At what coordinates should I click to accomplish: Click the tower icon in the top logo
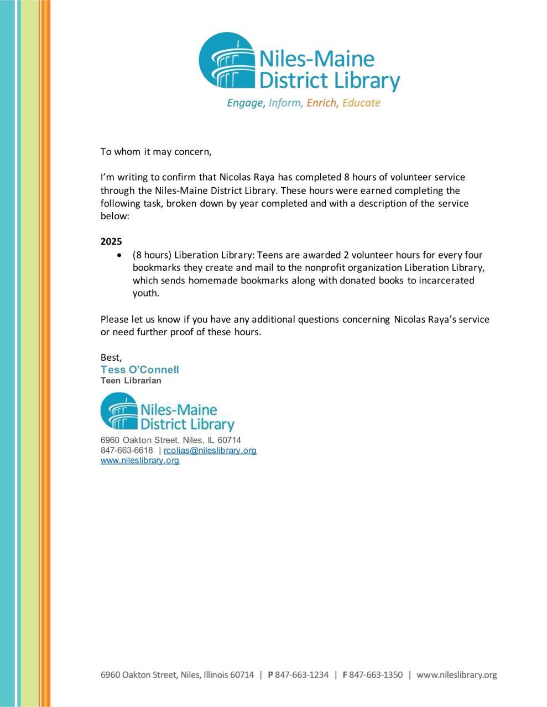(227, 61)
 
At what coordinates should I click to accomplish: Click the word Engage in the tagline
(246, 103)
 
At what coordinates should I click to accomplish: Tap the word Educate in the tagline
(361, 103)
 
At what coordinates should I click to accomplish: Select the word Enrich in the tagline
(322, 103)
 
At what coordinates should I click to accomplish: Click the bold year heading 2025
(111, 241)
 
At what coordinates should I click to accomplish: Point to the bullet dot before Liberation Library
(119, 255)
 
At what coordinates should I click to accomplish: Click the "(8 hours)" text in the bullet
(152, 255)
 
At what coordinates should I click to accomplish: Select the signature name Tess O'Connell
(139, 370)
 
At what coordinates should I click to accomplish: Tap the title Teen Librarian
(131, 381)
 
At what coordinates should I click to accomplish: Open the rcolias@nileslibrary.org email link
(210, 450)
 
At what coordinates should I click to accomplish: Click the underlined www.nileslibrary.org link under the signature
(140, 460)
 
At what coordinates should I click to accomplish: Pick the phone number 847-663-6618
(127, 450)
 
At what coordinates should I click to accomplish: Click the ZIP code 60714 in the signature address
(230, 440)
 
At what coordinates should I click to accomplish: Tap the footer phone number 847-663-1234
(302, 674)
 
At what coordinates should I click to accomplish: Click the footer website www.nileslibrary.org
(457, 674)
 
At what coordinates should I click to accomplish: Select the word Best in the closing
(111, 357)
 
